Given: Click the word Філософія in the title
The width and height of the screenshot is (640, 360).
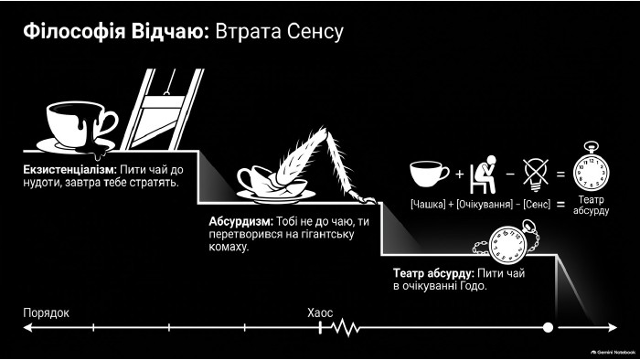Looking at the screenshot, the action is coord(74,32).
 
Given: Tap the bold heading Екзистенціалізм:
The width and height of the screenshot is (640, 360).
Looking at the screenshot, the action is coord(69,170).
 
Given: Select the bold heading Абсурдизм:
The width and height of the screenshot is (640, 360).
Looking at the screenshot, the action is coord(240,221).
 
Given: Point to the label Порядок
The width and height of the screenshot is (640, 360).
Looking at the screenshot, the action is coord(46,312).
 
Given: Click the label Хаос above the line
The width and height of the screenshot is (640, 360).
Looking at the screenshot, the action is coord(320,312).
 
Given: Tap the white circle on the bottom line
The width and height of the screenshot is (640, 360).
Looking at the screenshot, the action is coord(548,327).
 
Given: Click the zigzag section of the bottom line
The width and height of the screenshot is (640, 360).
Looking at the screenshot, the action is coord(345,327).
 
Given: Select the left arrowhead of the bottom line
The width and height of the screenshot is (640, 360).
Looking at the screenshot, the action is coord(27,327).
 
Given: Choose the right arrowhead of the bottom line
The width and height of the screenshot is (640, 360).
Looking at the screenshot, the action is coord(613,327).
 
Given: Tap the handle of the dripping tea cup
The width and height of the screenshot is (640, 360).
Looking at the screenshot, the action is coord(108,123).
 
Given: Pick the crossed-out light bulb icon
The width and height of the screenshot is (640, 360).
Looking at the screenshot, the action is coord(536,175).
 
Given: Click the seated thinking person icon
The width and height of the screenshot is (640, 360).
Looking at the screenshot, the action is coord(484,175).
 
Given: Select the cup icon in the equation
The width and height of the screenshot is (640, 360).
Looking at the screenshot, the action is coord(430,175).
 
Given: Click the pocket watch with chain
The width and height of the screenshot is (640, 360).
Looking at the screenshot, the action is coord(507,243).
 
